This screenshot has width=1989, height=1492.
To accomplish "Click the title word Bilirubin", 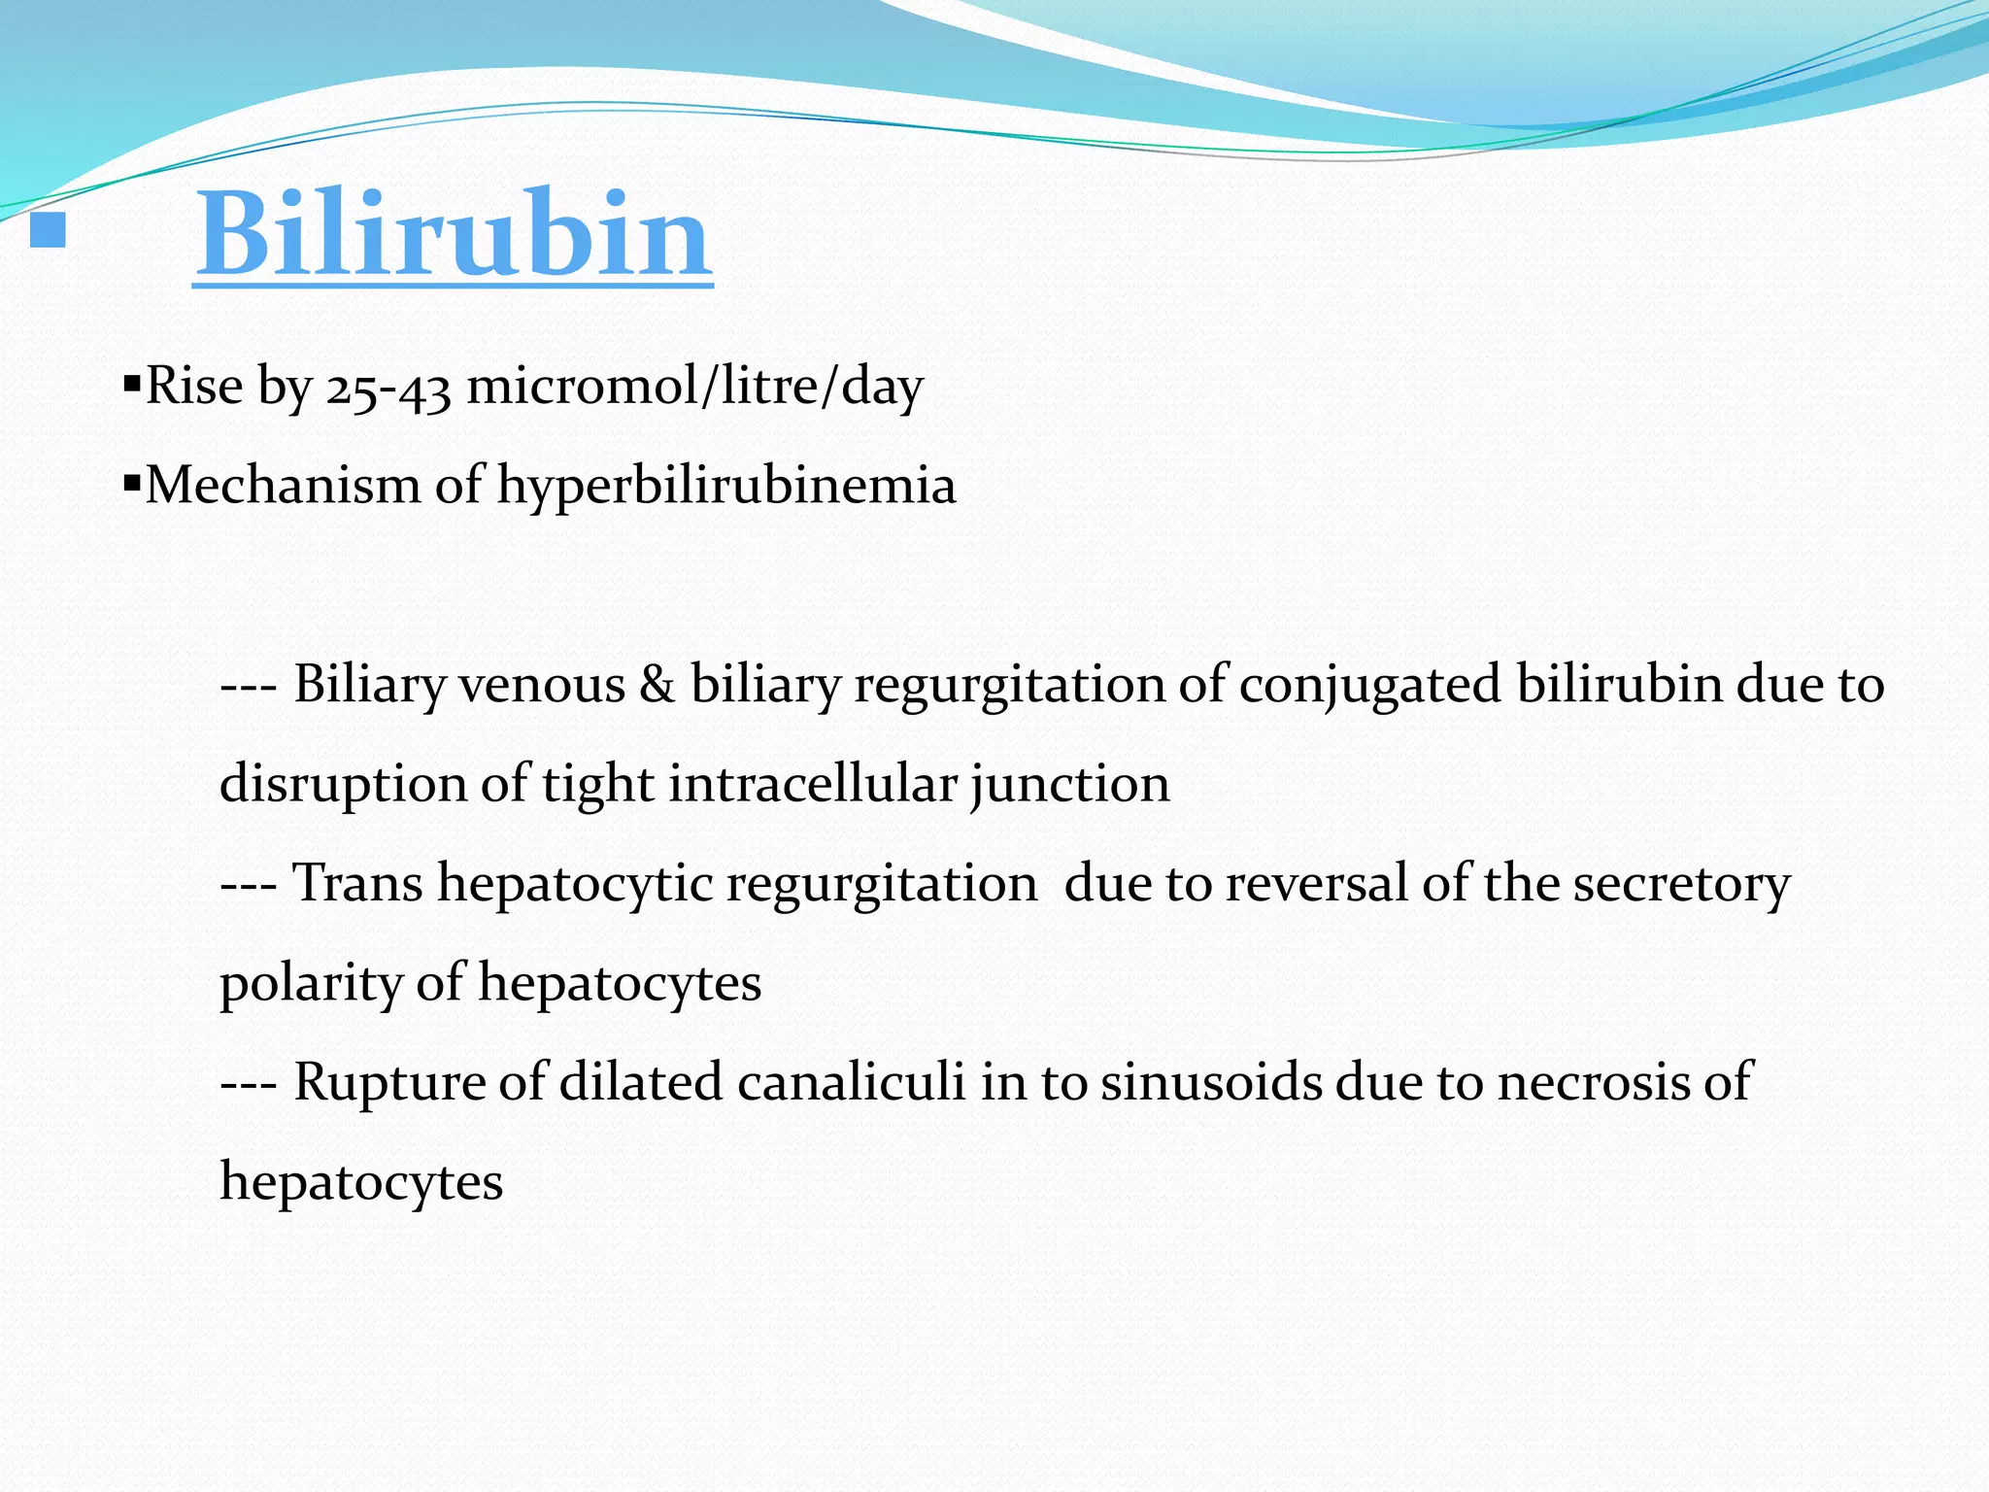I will [454, 236].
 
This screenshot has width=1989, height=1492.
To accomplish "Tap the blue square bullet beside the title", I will [48, 230].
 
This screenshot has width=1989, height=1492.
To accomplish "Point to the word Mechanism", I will [283, 485].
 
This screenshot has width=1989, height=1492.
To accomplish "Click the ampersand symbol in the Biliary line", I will [657, 685].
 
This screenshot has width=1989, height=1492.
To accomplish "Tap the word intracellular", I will [813, 784].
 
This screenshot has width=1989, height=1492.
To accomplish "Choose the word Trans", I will [358, 884].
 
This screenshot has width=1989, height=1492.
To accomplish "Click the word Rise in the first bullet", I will [194, 387].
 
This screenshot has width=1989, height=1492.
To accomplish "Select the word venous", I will [542, 686].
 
